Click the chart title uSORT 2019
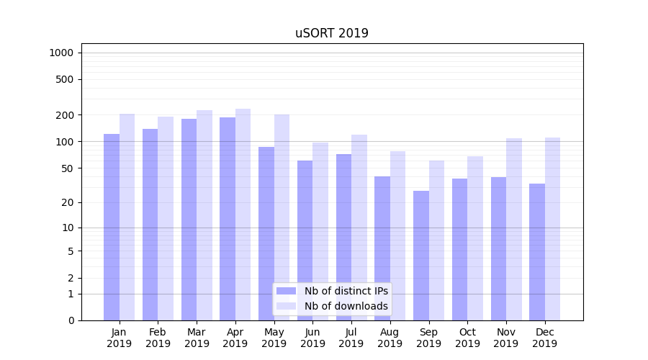[332, 33]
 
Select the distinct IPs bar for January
[112, 227]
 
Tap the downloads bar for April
[243, 215]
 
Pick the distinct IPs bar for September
[421, 256]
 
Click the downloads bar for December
[552, 229]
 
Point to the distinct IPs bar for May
[266, 233]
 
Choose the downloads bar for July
[359, 228]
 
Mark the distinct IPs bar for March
[189, 220]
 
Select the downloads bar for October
[475, 238]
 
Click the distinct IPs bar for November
[498, 248]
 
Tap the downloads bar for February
[166, 218]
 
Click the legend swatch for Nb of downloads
[286, 306]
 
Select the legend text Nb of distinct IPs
[346, 291]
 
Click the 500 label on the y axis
[64, 79]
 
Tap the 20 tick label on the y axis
[67, 202]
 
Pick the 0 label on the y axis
[71, 320]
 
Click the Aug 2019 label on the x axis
[390, 338]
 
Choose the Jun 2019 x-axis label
[312, 338]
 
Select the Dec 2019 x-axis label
[545, 338]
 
